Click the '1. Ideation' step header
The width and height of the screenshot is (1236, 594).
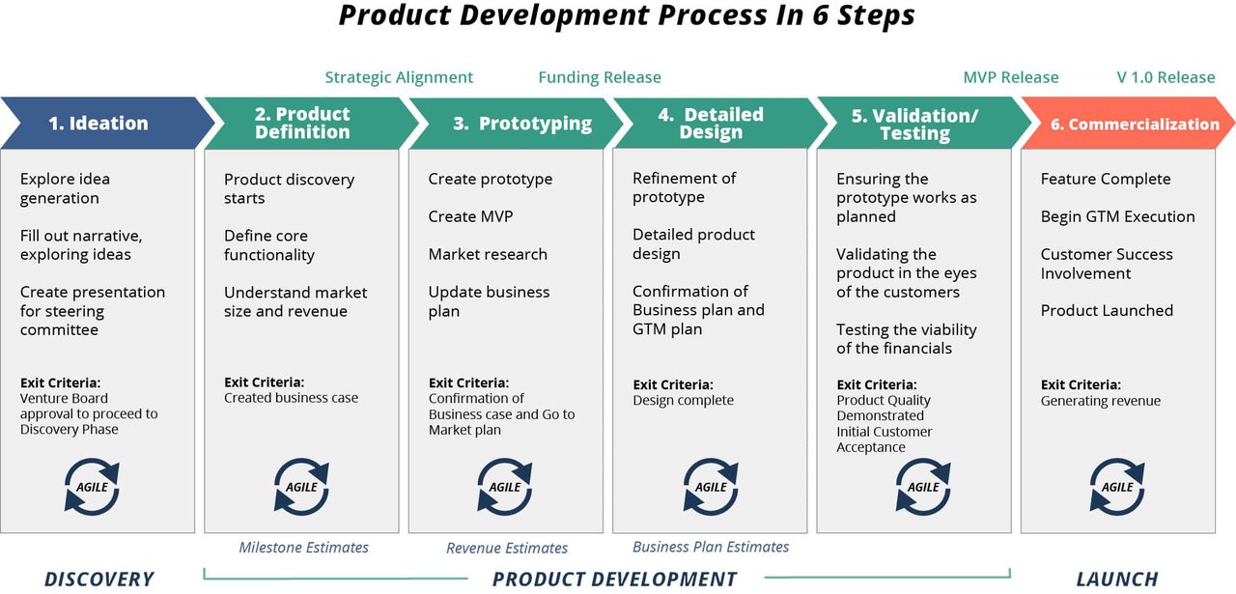pos(98,123)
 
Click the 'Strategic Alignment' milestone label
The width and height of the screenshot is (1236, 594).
pos(399,77)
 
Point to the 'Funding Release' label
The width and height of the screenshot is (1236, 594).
pos(600,77)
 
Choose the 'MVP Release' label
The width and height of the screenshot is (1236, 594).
pos(1010,77)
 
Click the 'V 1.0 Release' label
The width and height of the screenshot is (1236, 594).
pos(1166,77)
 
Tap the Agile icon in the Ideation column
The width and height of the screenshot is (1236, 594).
pos(92,487)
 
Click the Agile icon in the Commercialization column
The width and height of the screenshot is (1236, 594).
pos(1117,487)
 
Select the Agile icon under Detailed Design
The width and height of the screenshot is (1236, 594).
pos(711,487)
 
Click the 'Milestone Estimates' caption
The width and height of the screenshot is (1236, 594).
pos(303,548)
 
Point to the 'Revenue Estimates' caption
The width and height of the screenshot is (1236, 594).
pos(507,549)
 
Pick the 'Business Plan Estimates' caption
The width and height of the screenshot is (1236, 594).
pos(711,547)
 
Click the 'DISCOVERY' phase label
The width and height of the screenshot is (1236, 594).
pos(98,580)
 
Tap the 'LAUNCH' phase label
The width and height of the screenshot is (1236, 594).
pos(1117,580)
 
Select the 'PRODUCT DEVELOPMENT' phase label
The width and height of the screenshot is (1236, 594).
pos(614,580)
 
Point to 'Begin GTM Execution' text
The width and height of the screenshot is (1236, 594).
pos(1117,216)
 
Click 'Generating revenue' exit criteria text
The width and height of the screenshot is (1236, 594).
pos(1100,401)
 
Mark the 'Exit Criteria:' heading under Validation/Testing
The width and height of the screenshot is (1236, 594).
pos(877,384)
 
